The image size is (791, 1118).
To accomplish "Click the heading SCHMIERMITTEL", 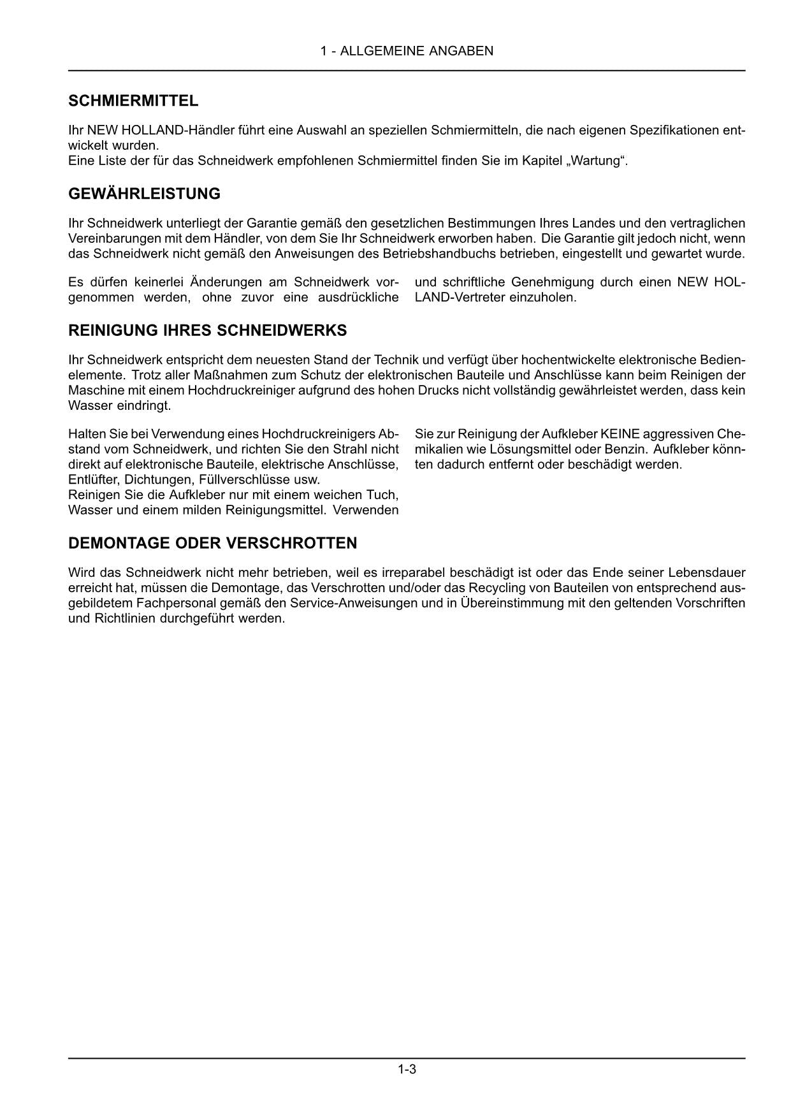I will [133, 101].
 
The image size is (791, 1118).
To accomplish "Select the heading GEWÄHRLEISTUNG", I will [144, 194].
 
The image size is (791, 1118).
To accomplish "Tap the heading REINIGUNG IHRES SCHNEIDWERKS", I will [207, 330].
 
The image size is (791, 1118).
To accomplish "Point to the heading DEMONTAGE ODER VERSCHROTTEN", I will [212, 543].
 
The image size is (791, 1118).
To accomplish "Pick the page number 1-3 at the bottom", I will [407, 1070].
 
